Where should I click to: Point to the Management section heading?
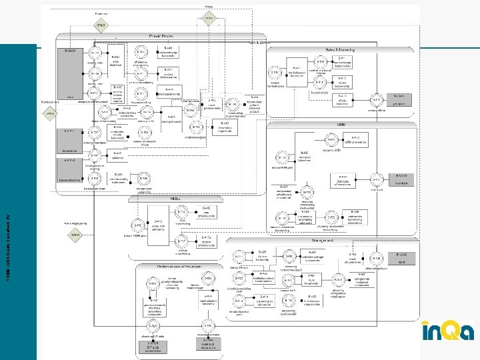322,241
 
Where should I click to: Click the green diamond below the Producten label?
103,26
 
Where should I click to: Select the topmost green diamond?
209,18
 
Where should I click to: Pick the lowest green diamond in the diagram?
75,235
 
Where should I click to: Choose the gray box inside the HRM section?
401,180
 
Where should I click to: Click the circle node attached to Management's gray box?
377,259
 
